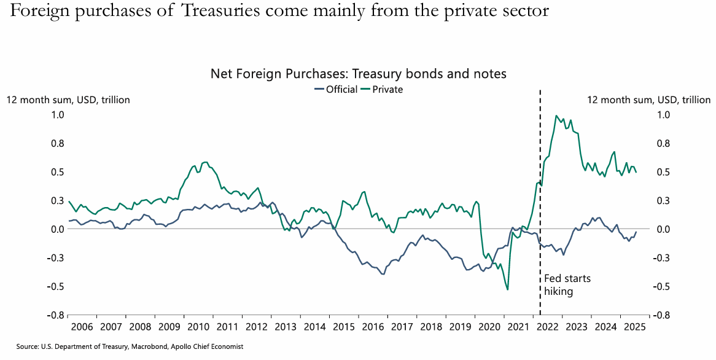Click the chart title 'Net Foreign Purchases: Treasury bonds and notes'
(x=358, y=74)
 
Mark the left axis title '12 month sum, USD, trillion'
(x=68, y=100)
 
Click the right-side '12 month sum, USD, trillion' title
(x=648, y=100)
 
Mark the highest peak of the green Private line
(x=556, y=115)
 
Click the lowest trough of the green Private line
(x=508, y=289)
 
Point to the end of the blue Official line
(x=636, y=232)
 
